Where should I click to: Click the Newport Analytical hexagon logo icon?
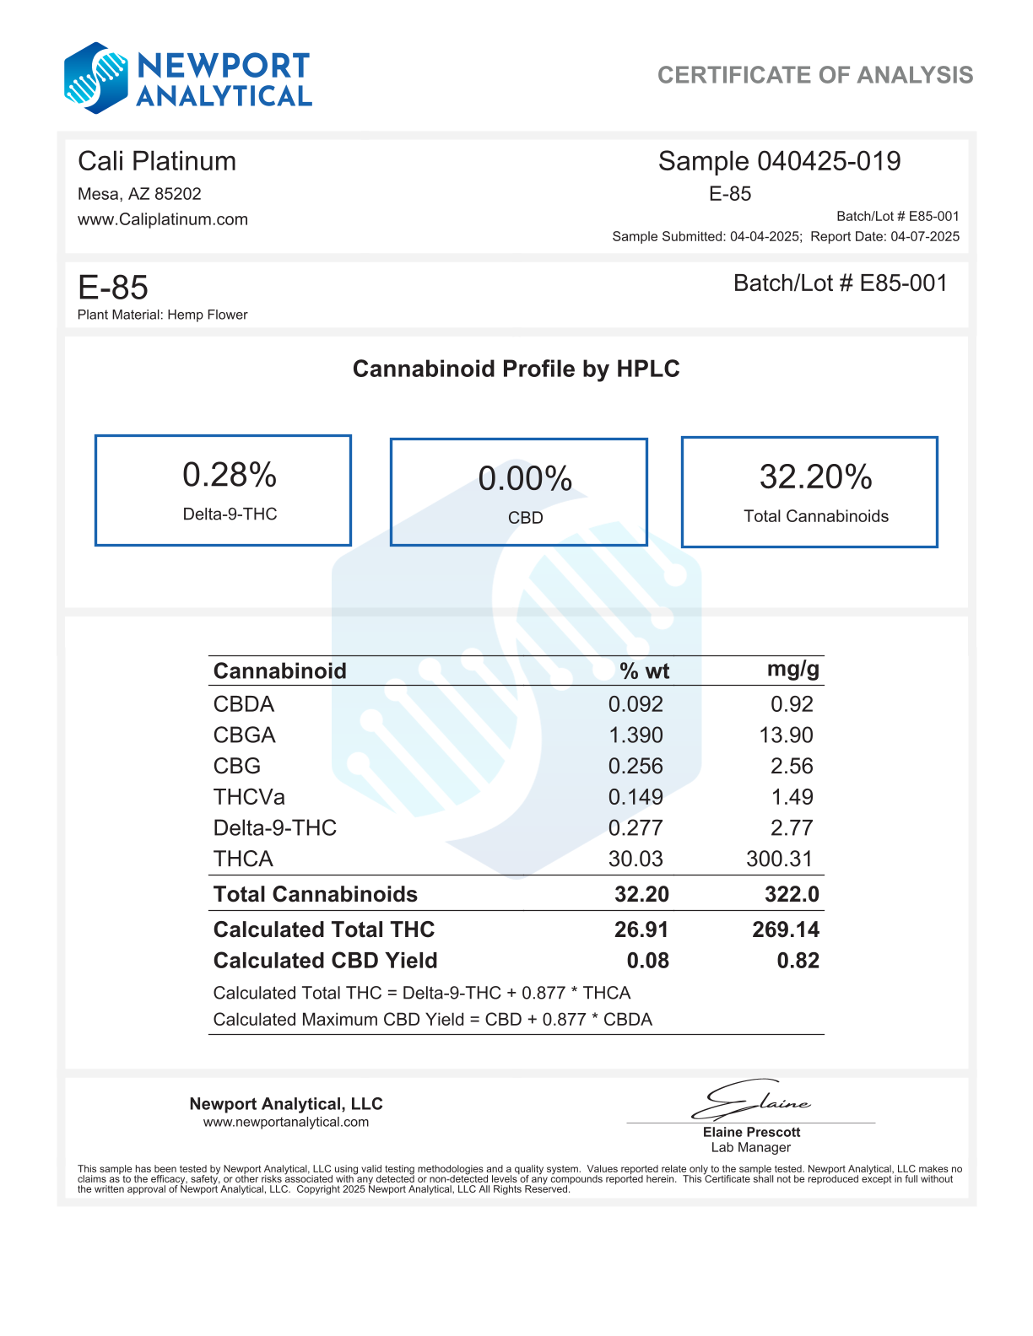[x=96, y=78]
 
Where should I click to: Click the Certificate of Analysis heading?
[x=814, y=75]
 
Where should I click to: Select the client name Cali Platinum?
[x=157, y=161]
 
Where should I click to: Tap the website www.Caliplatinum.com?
[x=163, y=219]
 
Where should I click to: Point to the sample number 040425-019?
[x=828, y=161]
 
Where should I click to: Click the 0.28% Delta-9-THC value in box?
[x=230, y=476]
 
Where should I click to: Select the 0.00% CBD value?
[x=525, y=479]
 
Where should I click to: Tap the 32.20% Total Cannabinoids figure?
[x=815, y=477]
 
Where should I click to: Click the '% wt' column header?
[x=644, y=671]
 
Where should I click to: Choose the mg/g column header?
[x=792, y=670]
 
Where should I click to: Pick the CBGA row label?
[x=244, y=735]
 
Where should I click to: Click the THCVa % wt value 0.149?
[x=635, y=797]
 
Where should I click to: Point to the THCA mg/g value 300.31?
[x=779, y=859]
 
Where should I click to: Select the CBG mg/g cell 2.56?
[x=792, y=766]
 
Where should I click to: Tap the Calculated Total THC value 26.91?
[x=641, y=929]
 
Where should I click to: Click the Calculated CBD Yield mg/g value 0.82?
[x=798, y=961]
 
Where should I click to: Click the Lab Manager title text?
[x=750, y=1147]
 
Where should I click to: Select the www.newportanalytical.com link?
[x=286, y=1122]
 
